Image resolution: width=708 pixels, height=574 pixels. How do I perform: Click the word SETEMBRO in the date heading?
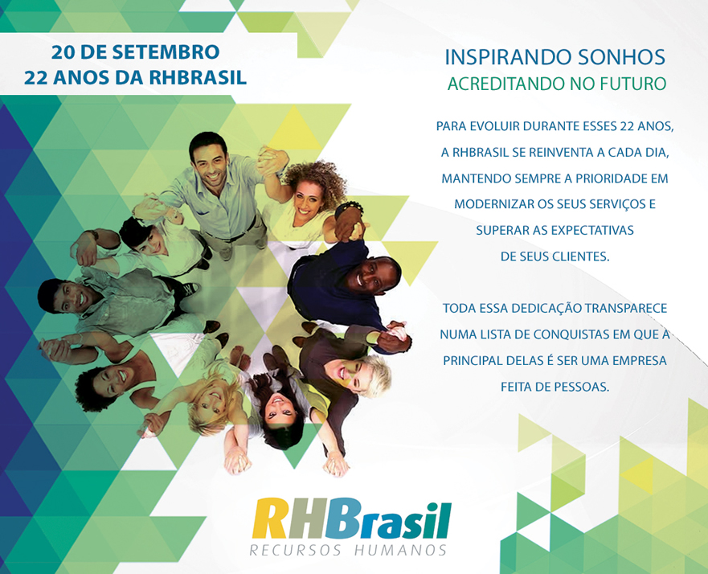point(166,52)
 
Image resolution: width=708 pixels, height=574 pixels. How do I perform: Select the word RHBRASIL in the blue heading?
point(198,78)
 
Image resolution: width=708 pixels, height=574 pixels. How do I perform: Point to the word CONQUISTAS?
point(565,334)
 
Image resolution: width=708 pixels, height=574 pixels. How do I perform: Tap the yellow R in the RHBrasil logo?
point(269,518)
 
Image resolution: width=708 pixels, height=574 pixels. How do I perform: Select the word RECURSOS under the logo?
point(296,551)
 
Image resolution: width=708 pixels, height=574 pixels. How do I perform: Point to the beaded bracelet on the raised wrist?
point(349,208)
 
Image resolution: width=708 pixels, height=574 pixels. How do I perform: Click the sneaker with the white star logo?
point(191,288)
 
